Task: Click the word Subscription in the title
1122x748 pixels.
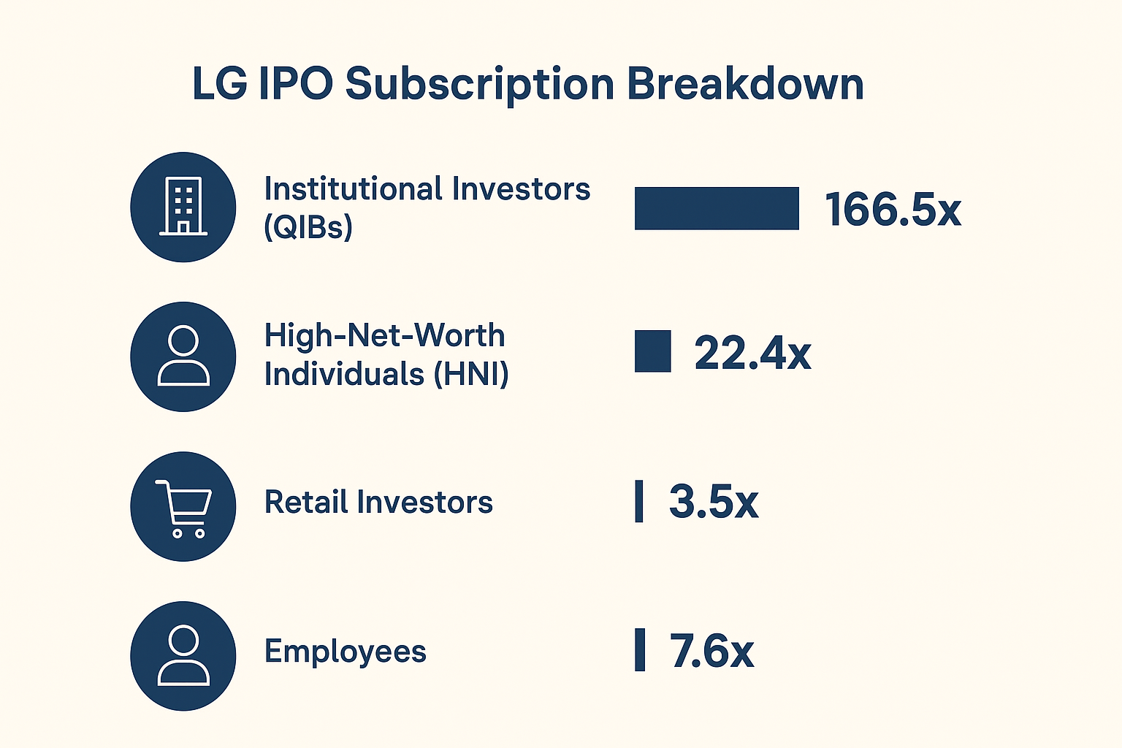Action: [479, 84]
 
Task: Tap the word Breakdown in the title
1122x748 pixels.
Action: [745, 84]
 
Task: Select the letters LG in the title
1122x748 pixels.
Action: [218, 84]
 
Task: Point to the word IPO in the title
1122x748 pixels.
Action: [295, 84]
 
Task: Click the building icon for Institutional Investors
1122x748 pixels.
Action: [183, 207]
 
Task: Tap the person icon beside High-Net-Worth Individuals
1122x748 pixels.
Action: [183, 356]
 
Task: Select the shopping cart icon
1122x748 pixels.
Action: [183, 507]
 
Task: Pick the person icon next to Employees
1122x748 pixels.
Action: [183, 655]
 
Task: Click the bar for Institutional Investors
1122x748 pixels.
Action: [717, 209]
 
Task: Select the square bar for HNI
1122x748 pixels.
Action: [652, 351]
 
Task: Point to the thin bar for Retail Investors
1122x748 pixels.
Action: [639, 501]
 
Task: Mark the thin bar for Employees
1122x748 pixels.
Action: [640, 649]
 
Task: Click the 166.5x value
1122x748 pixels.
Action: [893, 210]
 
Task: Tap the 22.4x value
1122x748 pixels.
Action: [752, 354]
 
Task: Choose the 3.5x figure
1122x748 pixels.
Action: [714, 502]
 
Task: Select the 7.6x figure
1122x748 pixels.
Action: [711, 651]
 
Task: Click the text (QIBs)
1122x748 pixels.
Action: [308, 228]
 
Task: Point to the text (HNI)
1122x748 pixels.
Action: [470, 374]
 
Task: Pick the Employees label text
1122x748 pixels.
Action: [346, 652]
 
